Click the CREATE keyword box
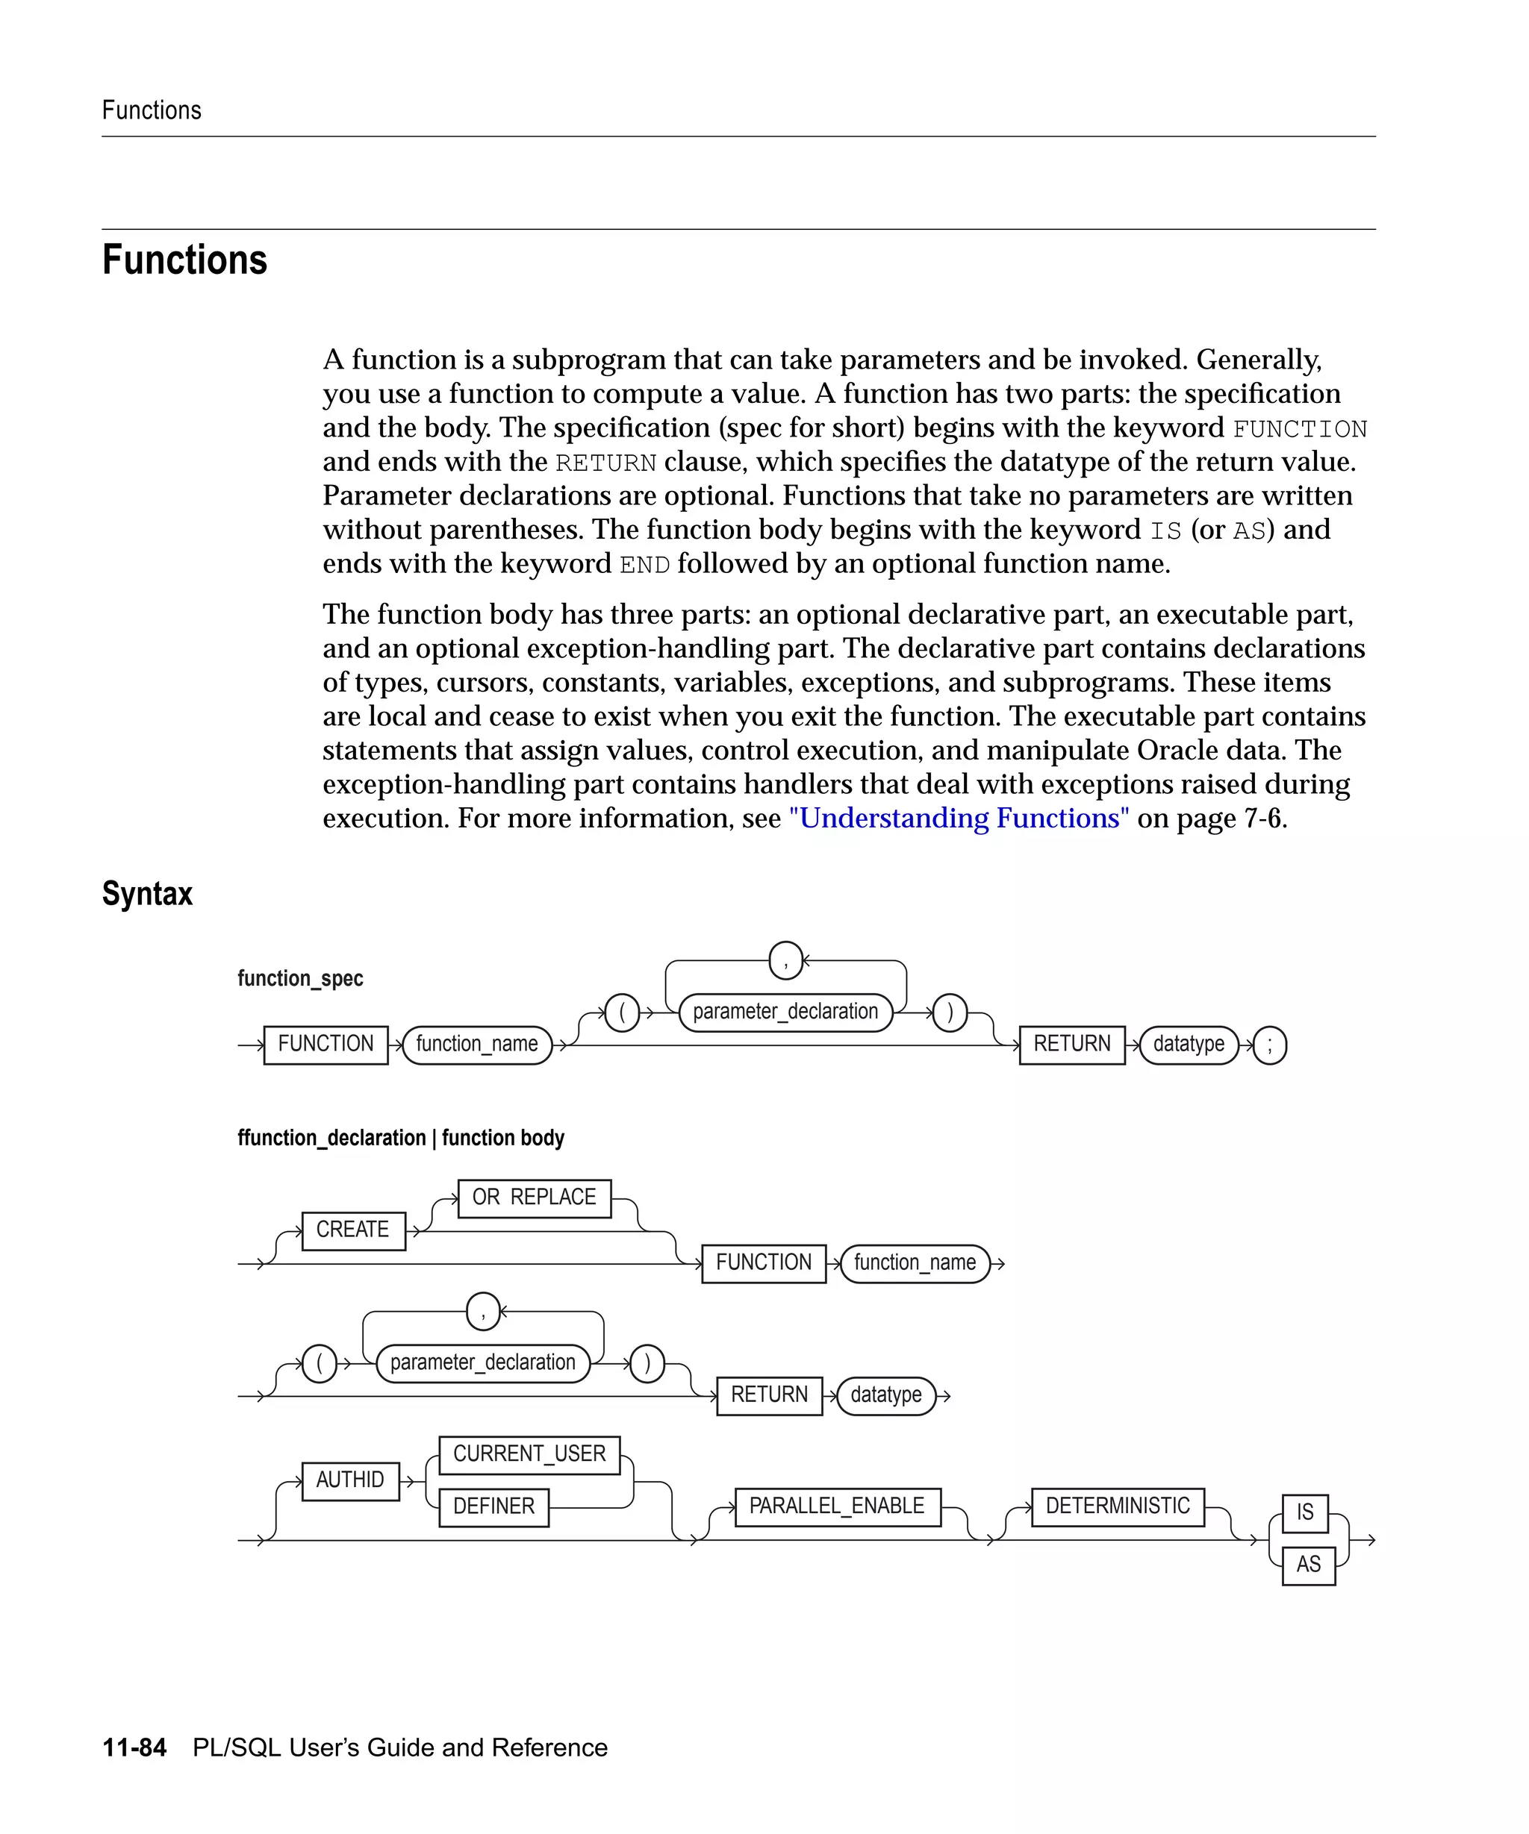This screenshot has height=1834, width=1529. pyautogui.click(x=353, y=1230)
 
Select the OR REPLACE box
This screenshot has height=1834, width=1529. pyautogui.click(x=534, y=1198)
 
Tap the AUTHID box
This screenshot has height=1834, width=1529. pyautogui.click(x=350, y=1480)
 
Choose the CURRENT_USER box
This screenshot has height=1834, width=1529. pyautogui.click(x=529, y=1454)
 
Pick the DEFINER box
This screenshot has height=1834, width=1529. pyautogui.click(x=493, y=1506)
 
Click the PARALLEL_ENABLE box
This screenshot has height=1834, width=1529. pyautogui.click(x=837, y=1506)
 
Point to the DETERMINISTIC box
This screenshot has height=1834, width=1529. pyautogui.click(x=1118, y=1506)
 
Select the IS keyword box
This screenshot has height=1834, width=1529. pyautogui.click(x=1304, y=1512)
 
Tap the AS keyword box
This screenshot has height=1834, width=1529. pyautogui.click(x=1308, y=1565)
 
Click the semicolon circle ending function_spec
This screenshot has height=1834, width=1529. pyautogui.click(x=1269, y=1045)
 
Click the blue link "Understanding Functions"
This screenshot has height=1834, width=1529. pyautogui.click(x=959, y=819)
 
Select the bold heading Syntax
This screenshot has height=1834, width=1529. pyautogui.click(x=147, y=893)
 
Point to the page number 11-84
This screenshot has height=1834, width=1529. pyautogui.click(x=134, y=1747)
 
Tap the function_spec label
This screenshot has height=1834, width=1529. pyautogui.click(x=299, y=978)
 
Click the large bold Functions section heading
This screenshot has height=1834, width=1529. pyautogui.click(x=184, y=260)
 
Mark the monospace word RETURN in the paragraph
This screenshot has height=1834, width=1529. pyautogui.click(x=605, y=463)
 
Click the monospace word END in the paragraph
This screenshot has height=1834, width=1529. pyautogui.click(x=645, y=565)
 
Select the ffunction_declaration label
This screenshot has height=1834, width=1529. pyautogui.click(x=331, y=1138)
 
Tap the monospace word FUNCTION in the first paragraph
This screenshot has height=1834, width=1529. pyautogui.click(x=1299, y=430)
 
